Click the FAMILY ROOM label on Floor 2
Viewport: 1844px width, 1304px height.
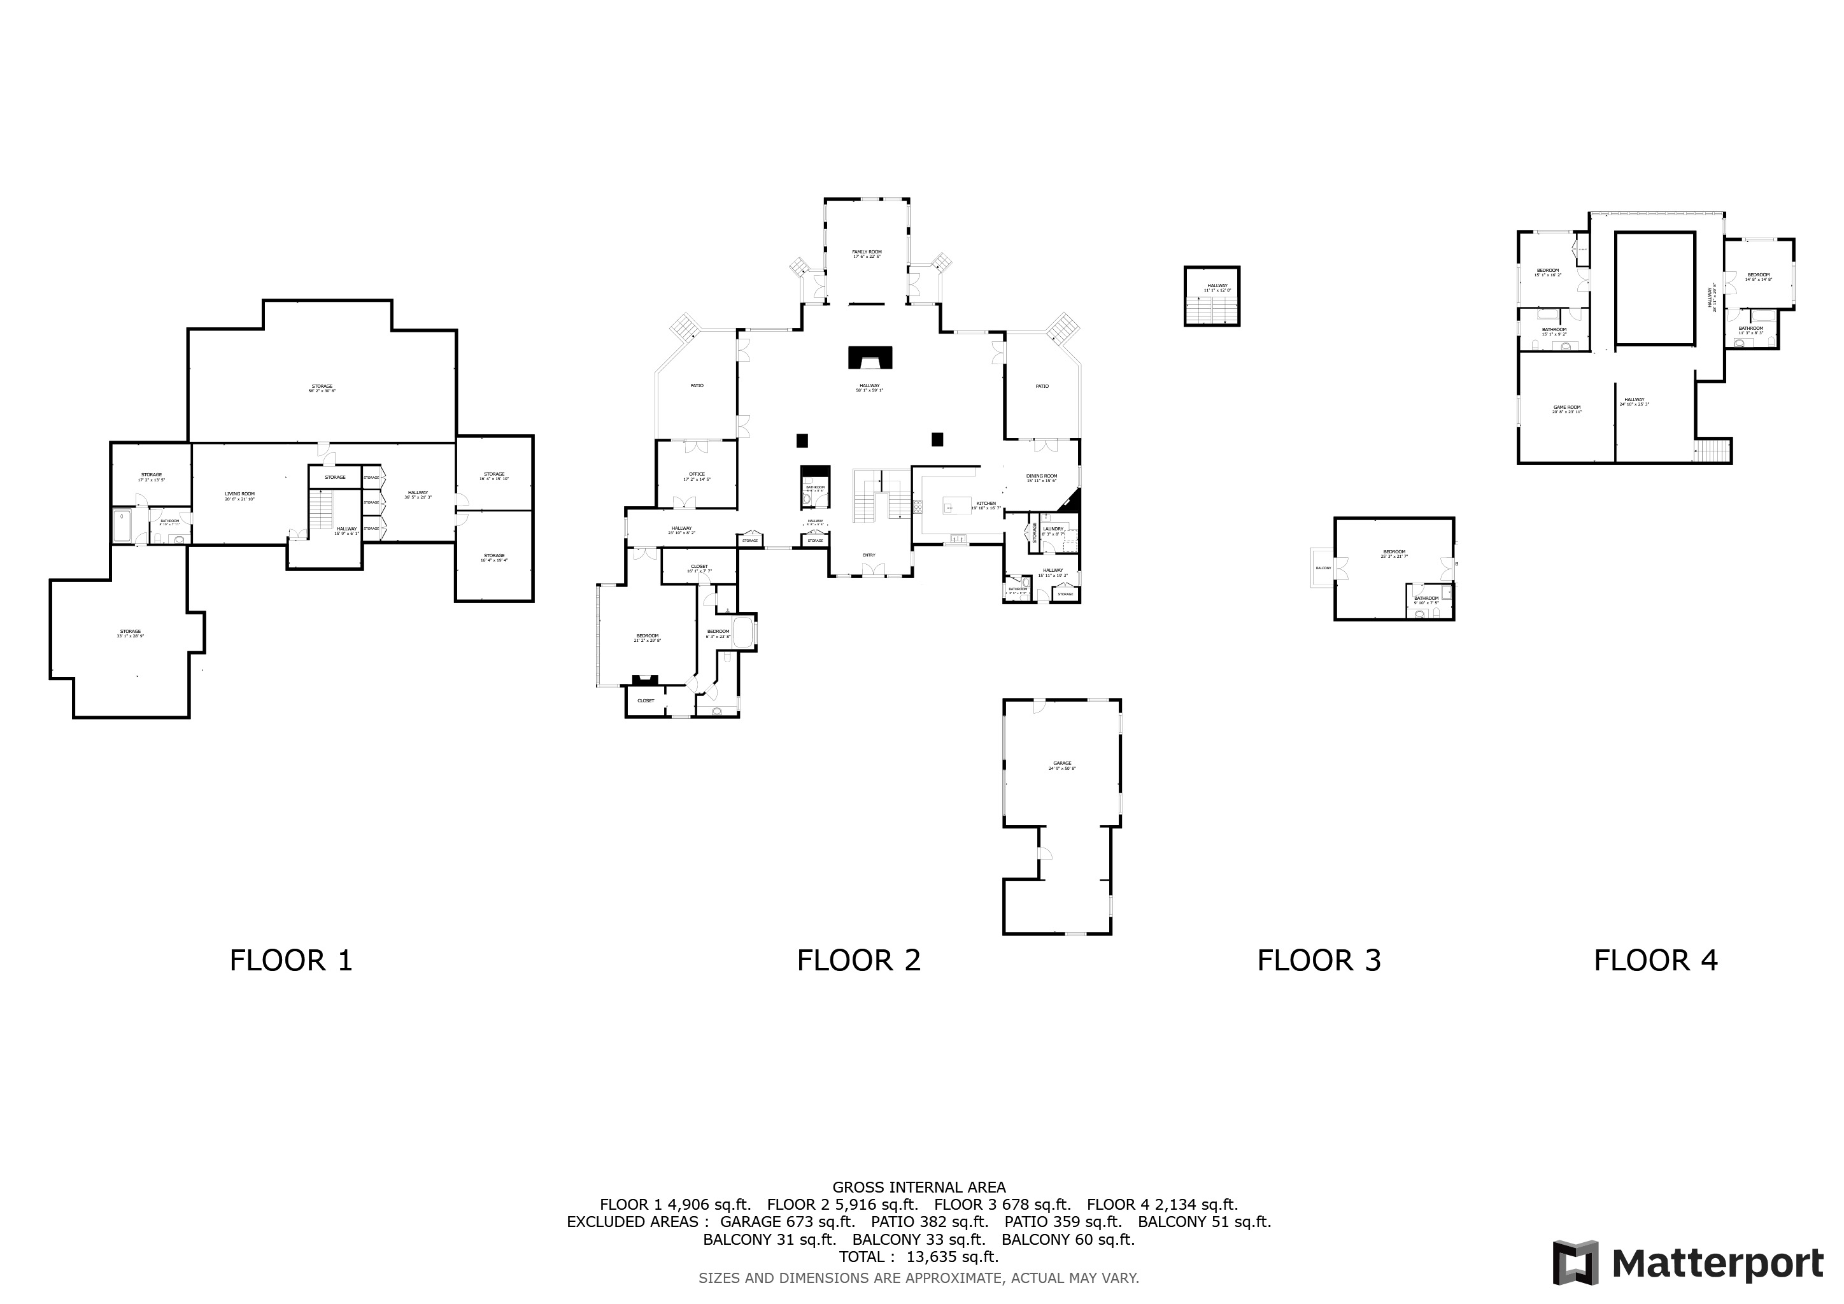(866, 253)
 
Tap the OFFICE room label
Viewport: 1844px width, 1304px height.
(697, 476)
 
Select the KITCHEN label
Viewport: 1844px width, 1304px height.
(986, 504)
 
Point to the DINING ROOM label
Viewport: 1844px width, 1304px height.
(1041, 477)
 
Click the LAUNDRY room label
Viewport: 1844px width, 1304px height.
(1053, 530)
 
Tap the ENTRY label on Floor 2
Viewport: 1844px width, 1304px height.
(869, 555)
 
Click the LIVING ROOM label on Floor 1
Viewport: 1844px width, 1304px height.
(239, 495)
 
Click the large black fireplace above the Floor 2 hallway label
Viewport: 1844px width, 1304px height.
(870, 357)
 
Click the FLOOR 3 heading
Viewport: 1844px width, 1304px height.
(1319, 960)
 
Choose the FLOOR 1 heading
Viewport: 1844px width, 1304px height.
(291, 960)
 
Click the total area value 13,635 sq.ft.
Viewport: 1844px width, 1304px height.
(952, 1257)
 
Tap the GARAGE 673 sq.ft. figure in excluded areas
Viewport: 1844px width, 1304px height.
(787, 1221)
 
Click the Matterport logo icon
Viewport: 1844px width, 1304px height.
(1575, 1263)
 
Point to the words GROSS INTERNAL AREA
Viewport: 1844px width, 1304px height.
(919, 1187)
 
